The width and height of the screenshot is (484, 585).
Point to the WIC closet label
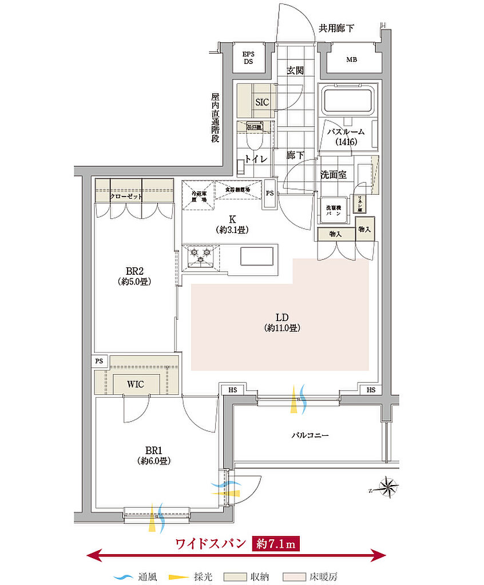tap(136, 384)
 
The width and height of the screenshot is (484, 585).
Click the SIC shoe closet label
tap(261, 102)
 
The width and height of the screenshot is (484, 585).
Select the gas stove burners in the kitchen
tap(201, 255)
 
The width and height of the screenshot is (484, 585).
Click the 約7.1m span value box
tap(275, 543)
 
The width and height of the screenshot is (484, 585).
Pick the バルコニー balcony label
tap(310, 435)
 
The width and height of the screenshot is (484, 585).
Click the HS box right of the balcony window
tap(371, 390)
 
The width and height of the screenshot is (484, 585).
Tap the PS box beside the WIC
tap(99, 361)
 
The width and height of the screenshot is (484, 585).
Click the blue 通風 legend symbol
tap(122, 577)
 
